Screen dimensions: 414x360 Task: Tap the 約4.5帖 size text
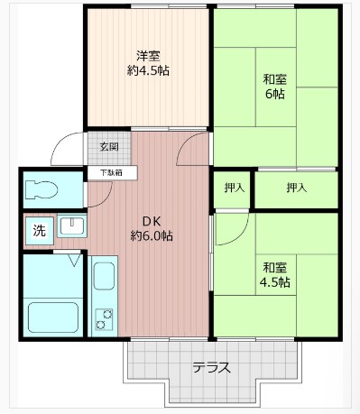click(148, 69)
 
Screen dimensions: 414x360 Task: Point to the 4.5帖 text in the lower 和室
click(276, 282)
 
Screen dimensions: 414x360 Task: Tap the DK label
click(151, 220)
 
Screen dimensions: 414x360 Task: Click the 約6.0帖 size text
click(151, 236)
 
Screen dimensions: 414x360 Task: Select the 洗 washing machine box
click(38, 229)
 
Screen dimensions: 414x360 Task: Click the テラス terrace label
click(212, 367)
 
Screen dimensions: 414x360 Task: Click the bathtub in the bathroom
click(51, 317)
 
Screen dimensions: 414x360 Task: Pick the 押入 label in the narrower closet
click(233, 189)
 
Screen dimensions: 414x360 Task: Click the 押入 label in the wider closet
click(296, 189)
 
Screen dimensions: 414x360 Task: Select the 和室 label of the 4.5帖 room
click(276, 267)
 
